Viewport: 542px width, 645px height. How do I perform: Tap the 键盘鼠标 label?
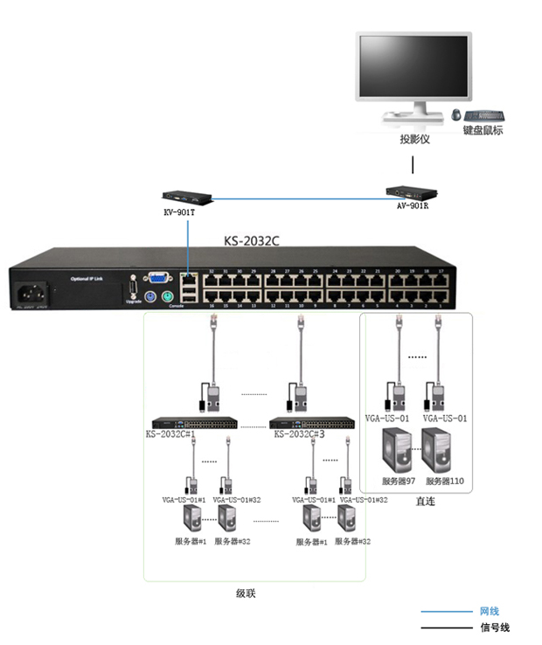(483, 131)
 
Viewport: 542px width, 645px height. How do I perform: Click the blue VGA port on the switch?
(158, 280)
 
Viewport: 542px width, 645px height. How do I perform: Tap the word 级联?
(247, 593)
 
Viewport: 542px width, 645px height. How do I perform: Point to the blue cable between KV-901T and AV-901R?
(297, 197)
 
